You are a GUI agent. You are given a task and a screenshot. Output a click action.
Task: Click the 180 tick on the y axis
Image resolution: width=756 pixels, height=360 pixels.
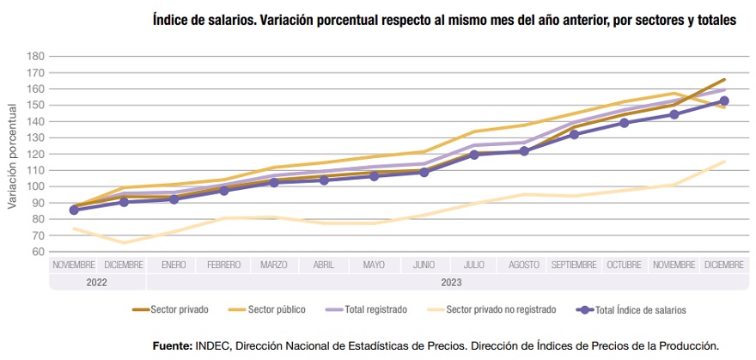(34, 56)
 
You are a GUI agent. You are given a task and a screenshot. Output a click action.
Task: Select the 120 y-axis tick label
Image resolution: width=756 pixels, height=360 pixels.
(34, 154)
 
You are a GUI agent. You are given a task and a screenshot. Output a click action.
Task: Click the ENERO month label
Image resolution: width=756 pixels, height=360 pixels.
(173, 265)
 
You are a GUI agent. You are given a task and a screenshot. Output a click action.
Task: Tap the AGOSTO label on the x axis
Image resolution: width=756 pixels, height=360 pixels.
(523, 265)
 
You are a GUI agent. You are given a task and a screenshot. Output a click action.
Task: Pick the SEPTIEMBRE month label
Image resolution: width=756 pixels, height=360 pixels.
(573, 265)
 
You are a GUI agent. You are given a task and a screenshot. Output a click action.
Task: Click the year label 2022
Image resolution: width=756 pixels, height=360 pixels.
(74, 281)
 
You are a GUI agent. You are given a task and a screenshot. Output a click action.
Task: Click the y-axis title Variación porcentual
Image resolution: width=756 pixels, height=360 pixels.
(12, 156)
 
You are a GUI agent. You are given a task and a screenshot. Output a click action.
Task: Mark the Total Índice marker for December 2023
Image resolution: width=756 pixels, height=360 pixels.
(723, 101)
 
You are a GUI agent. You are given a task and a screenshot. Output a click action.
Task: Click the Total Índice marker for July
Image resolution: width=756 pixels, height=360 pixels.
(473, 155)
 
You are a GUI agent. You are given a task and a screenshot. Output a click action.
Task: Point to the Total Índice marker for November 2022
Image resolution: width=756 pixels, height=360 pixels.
(74, 210)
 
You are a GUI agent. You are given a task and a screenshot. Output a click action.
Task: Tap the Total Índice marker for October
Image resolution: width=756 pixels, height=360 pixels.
(624, 123)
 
